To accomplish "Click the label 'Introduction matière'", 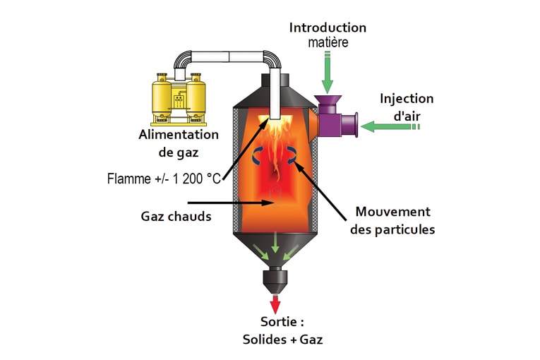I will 328,35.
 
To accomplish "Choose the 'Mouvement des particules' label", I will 392,220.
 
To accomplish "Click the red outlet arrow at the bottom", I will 275,303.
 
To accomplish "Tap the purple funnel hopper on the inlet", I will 328,104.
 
